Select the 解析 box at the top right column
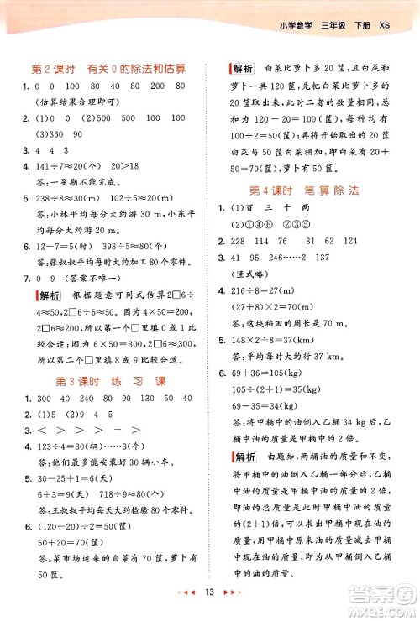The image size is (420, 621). (243, 67)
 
